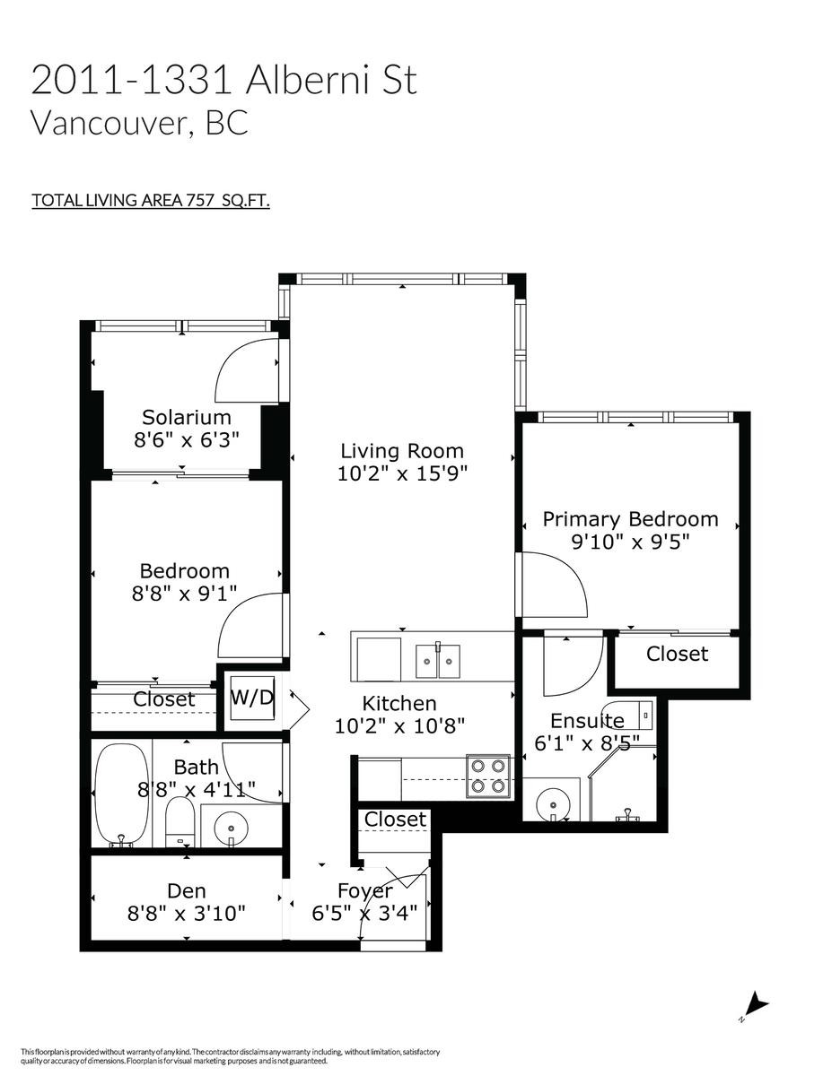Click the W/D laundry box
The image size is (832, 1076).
click(x=251, y=699)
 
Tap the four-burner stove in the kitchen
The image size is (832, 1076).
click(x=488, y=776)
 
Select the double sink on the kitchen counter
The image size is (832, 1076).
click(x=437, y=662)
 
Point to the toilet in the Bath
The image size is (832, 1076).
click(x=180, y=822)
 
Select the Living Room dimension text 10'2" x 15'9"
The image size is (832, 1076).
click(x=402, y=473)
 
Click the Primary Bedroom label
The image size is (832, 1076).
click(x=630, y=519)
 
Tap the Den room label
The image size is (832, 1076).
click(x=187, y=890)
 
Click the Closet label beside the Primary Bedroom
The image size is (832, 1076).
click(x=677, y=654)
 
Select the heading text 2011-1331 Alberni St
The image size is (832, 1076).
click(x=224, y=80)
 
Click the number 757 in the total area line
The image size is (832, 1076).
click(x=199, y=200)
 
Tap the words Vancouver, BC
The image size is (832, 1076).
click(x=139, y=123)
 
